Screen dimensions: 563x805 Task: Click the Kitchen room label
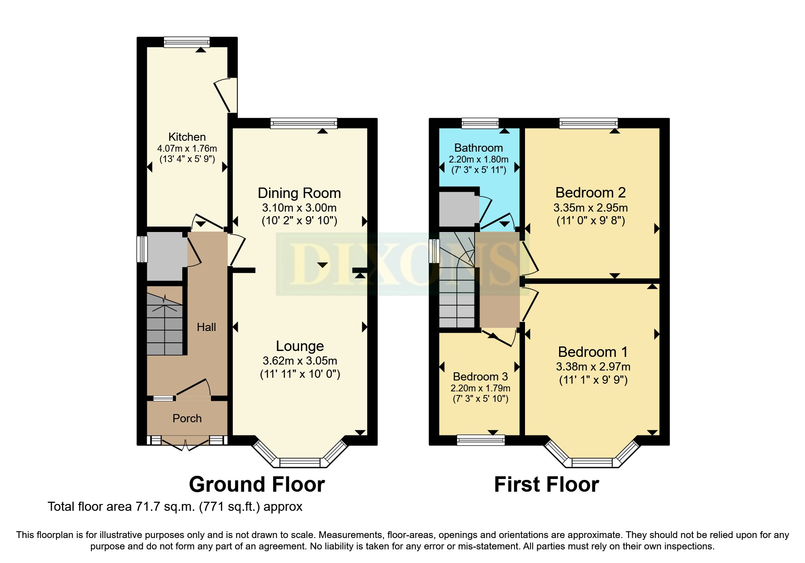[187, 137]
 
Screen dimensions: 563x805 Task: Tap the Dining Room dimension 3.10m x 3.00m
[299, 208]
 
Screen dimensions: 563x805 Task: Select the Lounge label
[300, 346]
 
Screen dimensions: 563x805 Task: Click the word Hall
[206, 327]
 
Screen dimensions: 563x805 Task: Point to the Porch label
[187, 418]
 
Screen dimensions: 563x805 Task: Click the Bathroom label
[478, 148]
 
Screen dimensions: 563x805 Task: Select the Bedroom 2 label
[590, 193]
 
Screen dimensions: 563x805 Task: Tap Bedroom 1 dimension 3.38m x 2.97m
[593, 366]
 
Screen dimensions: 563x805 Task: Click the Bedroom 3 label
[480, 376]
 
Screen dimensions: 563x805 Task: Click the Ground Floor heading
[257, 484]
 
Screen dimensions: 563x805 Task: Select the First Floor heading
[546, 484]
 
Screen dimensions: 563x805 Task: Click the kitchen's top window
[187, 42]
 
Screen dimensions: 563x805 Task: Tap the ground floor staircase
[165, 325]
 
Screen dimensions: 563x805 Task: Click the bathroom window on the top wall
[480, 123]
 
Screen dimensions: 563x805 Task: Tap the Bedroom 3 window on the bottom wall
[480, 440]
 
